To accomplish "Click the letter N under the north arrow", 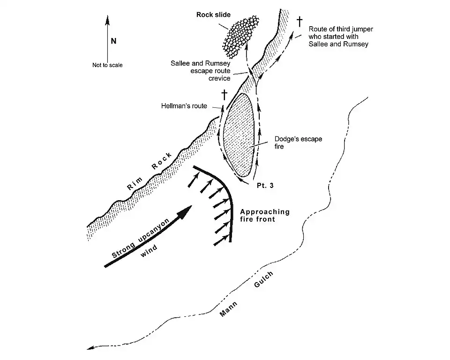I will (x=113, y=41).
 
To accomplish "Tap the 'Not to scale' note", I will (x=107, y=65).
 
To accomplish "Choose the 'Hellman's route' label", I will (x=183, y=106).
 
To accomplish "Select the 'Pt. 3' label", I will (x=265, y=186).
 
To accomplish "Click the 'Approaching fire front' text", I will (x=265, y=215).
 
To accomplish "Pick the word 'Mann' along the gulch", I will (x=229, y=309).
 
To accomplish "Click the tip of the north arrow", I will (x=107, y=17).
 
